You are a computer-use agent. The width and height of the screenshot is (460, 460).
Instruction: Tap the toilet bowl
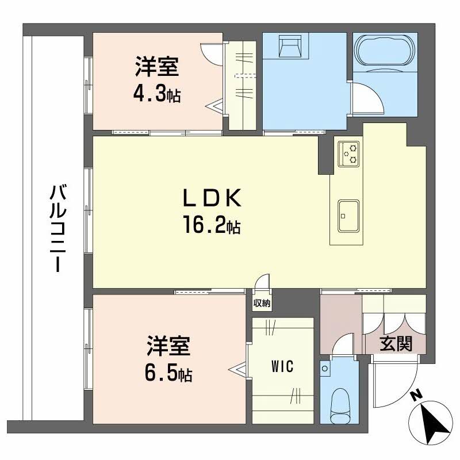(340, 405)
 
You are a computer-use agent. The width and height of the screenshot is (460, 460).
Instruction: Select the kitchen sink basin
(348, 216)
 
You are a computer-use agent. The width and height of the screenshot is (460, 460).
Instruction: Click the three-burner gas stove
(348, 154)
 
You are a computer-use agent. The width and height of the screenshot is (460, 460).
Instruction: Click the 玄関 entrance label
(396, 343)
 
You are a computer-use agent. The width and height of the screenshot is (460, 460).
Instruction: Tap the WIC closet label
(282, 366)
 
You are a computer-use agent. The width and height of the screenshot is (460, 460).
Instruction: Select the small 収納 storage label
(262, 304)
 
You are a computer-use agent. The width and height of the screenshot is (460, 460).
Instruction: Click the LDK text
(212, 198)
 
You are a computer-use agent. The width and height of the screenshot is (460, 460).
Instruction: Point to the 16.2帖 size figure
(212, 224)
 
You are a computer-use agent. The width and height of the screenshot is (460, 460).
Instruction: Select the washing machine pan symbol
(290, 45)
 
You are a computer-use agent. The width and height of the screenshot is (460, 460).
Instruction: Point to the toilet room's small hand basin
(325, 368)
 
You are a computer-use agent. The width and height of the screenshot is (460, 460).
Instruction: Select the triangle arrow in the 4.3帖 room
(214, 105)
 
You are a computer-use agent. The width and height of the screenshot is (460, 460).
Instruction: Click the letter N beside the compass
(416, 396)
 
